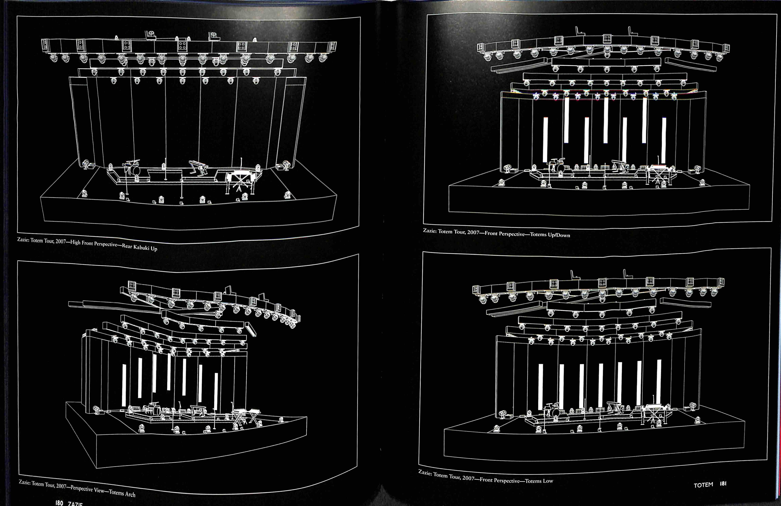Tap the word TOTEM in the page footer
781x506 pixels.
[703, 485]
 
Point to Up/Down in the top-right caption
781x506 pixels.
[559, 235]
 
